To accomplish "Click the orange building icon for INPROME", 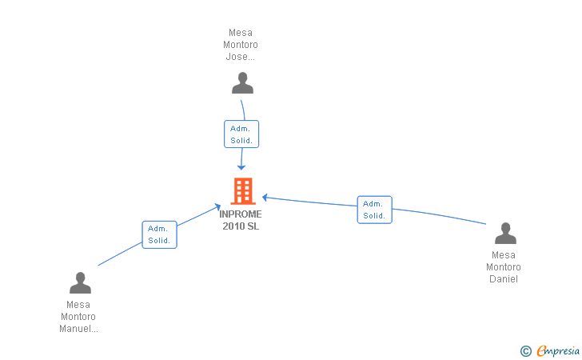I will [x=242, y=191].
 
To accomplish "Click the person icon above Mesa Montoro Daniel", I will [x=505, y=234].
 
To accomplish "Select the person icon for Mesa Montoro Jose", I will [x=242, y=82].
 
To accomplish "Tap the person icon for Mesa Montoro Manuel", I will [x=80, y=283].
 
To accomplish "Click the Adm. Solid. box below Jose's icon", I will [x=241, y=134].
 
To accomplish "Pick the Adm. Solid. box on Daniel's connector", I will [x=374, y=210].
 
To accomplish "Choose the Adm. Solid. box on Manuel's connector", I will [x=159, y=234].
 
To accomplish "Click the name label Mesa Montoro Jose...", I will [x=241, y=45].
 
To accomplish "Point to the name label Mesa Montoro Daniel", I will [x=504, y=267].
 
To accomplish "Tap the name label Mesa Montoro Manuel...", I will [x=79, y=316].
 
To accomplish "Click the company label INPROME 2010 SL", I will [x=241, y=220].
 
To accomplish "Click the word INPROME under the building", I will [x=241, y=214].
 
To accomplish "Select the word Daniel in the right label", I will [x=504, y=279].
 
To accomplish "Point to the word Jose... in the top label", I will [x=241, y=57].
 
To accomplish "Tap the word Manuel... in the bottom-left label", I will [x=79, y=328].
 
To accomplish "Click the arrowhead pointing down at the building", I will [x=241, y=166].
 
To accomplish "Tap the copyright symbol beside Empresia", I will [x=525, y=350].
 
